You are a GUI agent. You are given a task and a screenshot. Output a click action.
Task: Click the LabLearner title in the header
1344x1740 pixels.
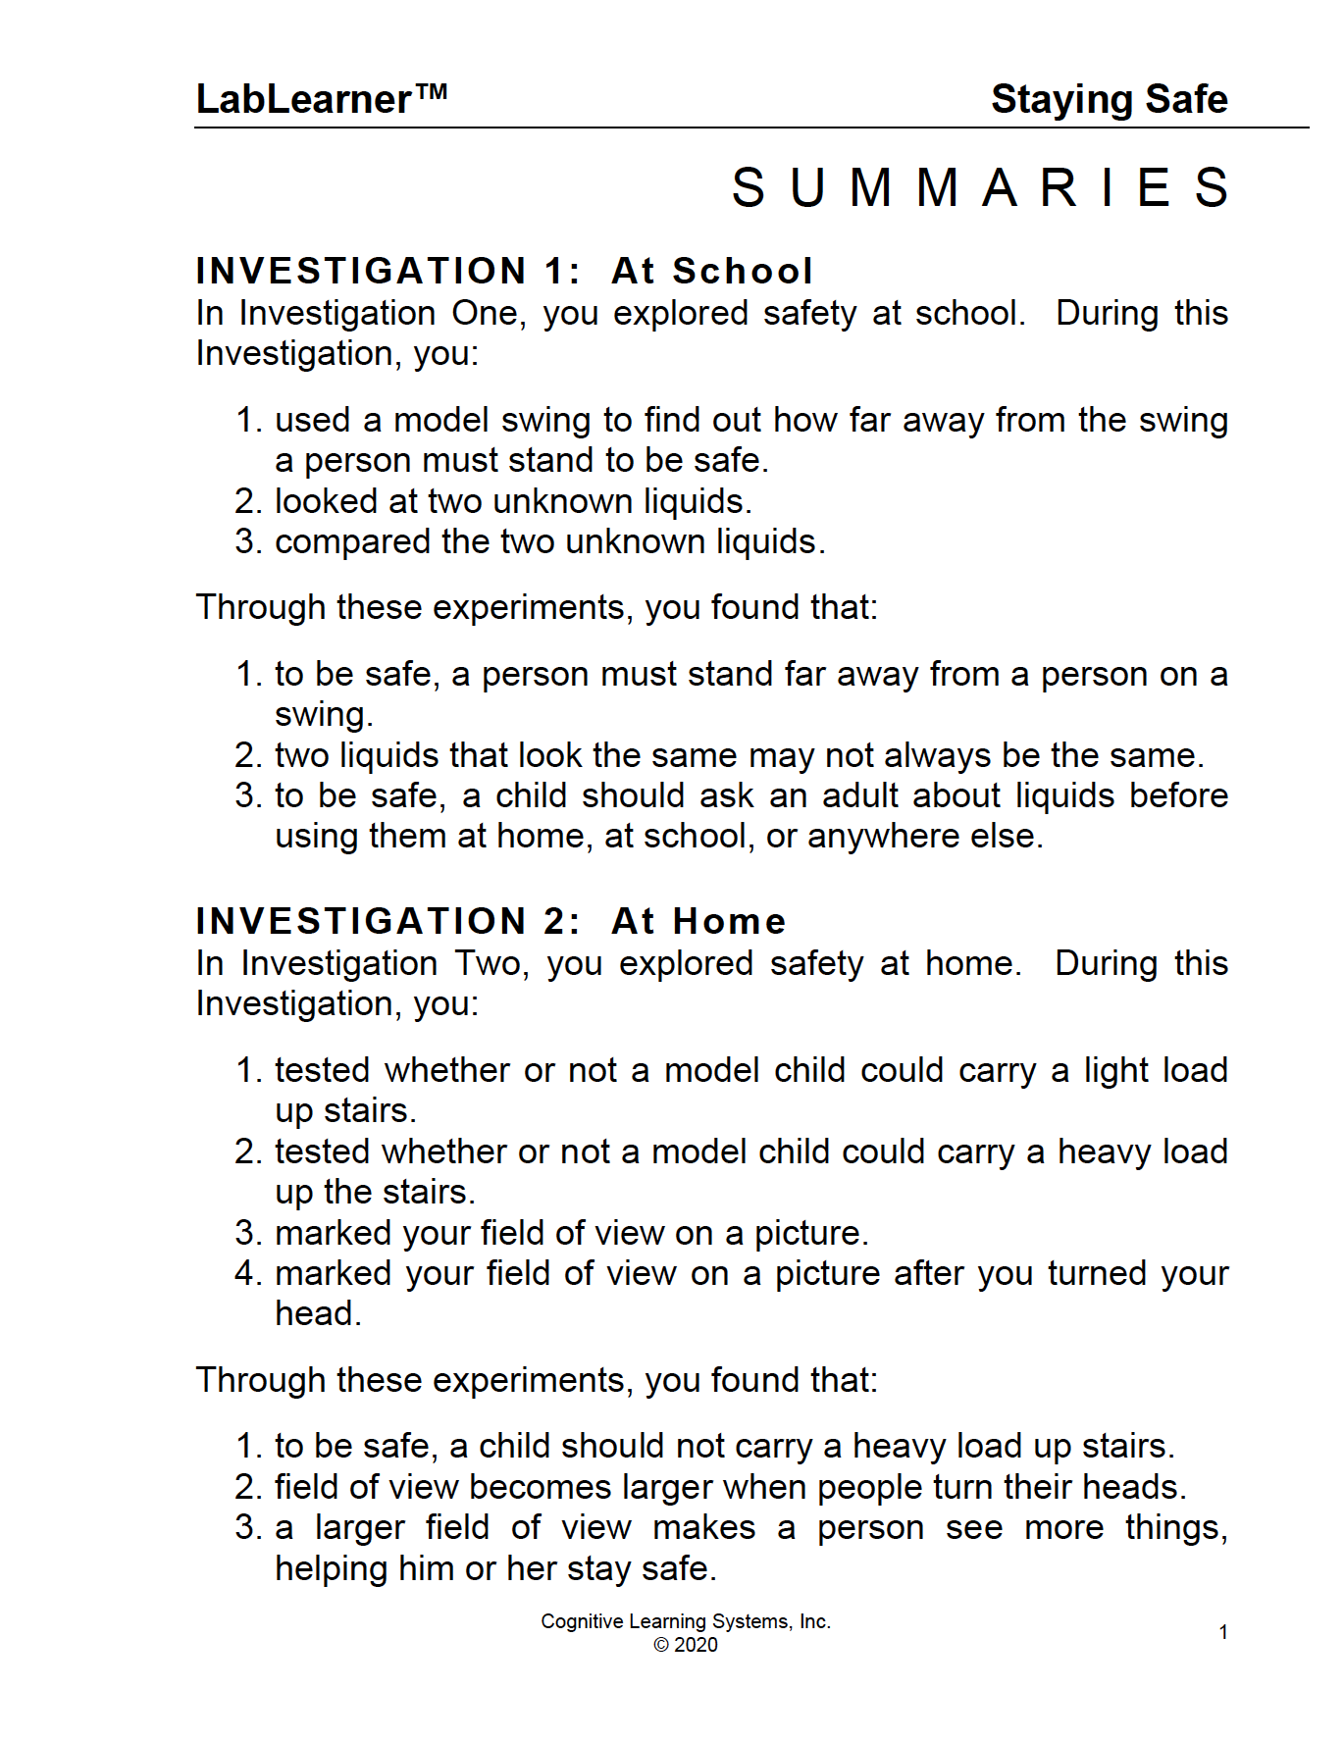304,99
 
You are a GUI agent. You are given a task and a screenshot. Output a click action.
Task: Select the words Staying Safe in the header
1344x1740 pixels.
1109,99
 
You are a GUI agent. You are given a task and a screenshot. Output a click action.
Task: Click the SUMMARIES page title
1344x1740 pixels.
980,187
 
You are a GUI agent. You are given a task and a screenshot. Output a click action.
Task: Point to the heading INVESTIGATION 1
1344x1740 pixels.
388,271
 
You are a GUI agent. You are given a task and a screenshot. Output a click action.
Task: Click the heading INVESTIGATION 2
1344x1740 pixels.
388,921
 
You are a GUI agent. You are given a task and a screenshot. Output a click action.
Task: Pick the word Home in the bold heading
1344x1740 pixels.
729,921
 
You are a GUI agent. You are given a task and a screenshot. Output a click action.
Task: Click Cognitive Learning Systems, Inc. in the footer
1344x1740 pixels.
686,1621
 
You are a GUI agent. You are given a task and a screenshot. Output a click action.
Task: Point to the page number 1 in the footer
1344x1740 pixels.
1223,1632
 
